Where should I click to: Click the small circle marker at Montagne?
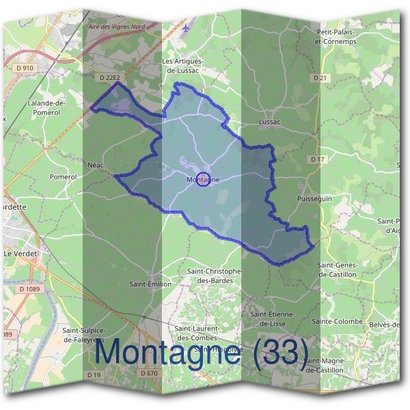tap(202, 180)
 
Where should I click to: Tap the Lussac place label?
tap(271, 122)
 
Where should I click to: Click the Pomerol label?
tap(63, 176)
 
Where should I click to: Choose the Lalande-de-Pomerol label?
tap(46, 107)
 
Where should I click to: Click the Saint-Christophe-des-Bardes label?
tap(215, 275)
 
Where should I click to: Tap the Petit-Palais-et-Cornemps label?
tap(338, 36)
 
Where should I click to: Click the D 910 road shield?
tap(24, 68)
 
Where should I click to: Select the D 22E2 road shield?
tap(109, 79)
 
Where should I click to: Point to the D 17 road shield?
tap(317, 159)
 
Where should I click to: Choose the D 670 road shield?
tap(149, 373)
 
